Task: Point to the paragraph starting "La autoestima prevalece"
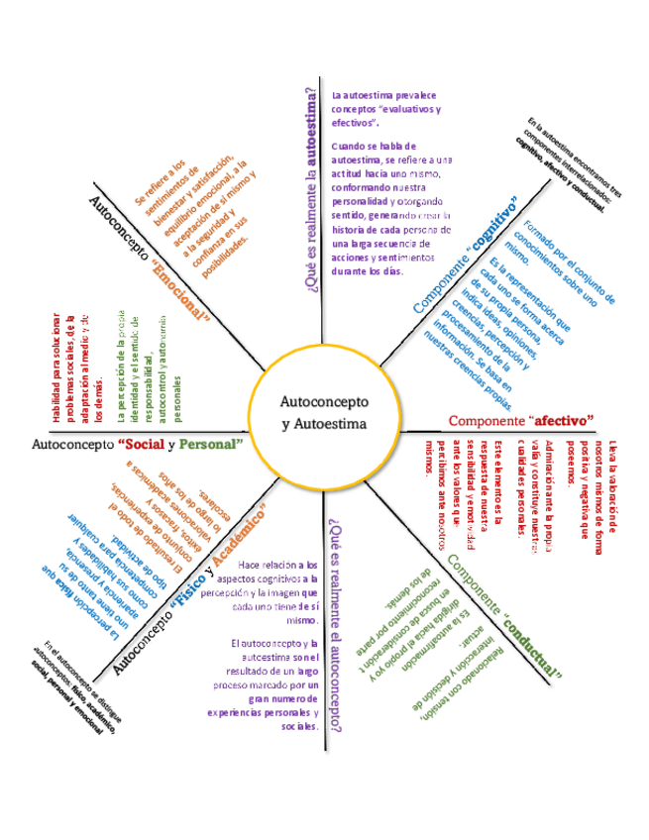(386, 108)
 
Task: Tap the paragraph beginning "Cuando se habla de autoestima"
(392, 208)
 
